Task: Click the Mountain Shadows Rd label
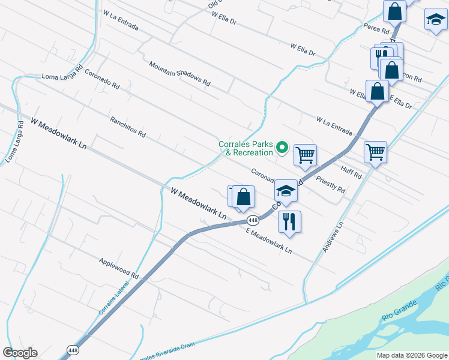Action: pyautogui.click(x=179, y=74)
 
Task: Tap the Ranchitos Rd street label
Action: pyautogui.click(x=127, y=127)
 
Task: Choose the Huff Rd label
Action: pyautogui.click(x=351, y=172)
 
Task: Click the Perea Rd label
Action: pyautogui.click(x=377, y=28)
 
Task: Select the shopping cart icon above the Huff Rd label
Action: pyautogui.click(x=375, y=152)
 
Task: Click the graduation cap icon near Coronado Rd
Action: pyautogui.click(x=286, y=190)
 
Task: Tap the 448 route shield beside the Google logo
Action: pyautogui.click(x=73, y=350)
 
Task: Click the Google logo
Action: pyautogui.click(x=20, y=353)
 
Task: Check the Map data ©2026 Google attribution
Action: pyautogui.click(x=412, y=355)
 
